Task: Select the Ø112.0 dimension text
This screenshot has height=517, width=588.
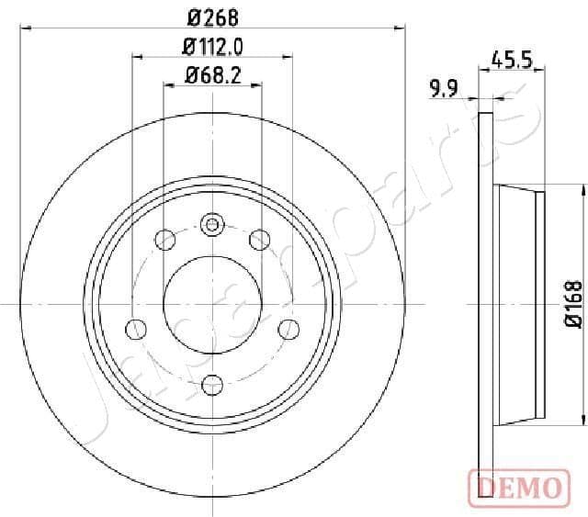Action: [x=211, y=46]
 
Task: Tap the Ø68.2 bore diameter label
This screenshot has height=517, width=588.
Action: [x=212, y=76]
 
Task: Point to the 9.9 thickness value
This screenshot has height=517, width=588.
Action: [x=444, y=88]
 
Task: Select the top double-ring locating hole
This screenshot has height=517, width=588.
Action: [x=212, y=224]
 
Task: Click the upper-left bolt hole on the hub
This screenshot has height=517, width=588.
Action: [x=166, y=241]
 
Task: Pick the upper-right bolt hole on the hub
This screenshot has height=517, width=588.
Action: [x=259, y=241]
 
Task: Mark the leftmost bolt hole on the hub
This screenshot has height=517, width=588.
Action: [x=135, y=329]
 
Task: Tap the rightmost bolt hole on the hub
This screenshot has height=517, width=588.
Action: [x=288, y=329]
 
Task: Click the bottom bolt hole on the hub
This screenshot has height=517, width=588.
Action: [x=212, y=384]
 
